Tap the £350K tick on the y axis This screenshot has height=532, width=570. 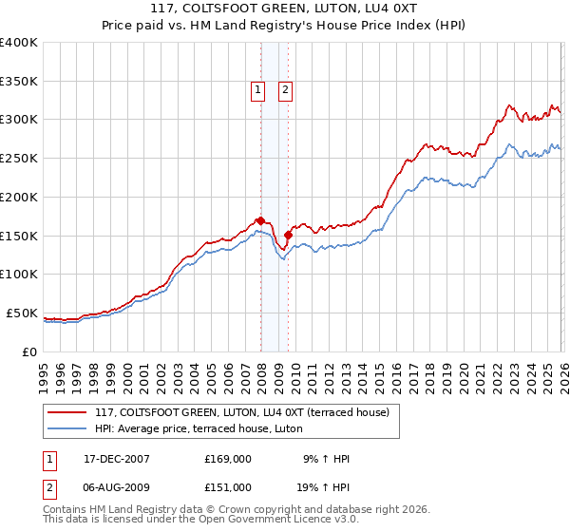[19, 81]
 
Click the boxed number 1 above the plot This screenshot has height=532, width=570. [257, 91]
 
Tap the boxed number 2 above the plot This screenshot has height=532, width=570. [285, 91]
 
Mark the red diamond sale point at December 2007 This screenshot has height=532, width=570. [260, 220]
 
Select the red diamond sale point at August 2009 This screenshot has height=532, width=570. [288, 234]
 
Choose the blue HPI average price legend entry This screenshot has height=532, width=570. [199, 428]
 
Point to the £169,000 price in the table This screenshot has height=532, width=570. [228, 459]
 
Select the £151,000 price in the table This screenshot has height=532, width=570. [228, 486]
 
